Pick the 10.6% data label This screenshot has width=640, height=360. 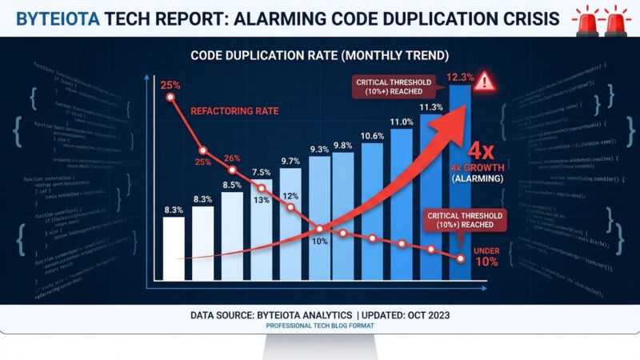(372, 135)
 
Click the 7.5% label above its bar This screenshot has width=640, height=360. (262, 171)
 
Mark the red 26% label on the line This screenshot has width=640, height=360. (232, 158)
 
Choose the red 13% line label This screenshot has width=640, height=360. (262, 199)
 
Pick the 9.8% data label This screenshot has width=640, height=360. (342, 145)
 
